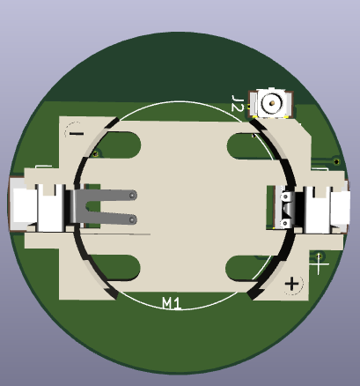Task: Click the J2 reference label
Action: click(237, 103)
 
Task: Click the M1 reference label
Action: click(172, 303)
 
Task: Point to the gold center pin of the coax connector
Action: click(271, 106)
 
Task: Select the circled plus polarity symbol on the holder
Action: click(292, 284)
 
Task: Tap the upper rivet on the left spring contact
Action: click(132, 196)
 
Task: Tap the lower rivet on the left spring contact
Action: click(132, 217)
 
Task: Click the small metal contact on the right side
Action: click(286, 209)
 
